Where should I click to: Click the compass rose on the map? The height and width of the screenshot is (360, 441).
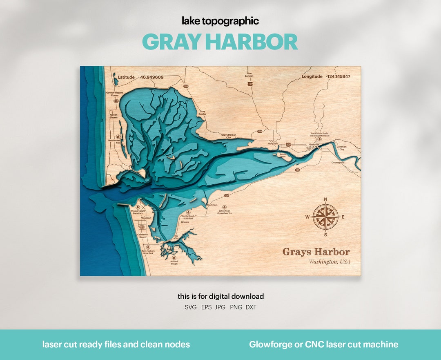tap(325, 217)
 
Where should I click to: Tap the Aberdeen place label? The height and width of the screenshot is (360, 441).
tap(314, 145)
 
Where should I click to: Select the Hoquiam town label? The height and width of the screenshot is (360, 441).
tap(273, 144)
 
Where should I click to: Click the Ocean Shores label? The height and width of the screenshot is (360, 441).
tap(114, 116)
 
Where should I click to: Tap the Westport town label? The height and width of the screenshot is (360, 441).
tap(146, 218)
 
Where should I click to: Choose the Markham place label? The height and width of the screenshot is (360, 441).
tap(212, 205)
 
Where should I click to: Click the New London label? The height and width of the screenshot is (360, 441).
tap(249, 75)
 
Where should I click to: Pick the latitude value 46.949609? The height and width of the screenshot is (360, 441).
tap(151, 77)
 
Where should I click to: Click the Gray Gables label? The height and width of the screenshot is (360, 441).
tap(202, 113)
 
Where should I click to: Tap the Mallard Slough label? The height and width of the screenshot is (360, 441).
tap(174, 262)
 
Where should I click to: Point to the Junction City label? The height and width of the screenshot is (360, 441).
tap(342, 148)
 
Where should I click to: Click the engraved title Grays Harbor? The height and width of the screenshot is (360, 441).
tap(316, 252)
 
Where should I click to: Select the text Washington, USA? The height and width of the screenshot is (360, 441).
tap(329, 262)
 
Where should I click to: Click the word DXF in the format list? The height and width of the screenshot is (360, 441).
tap(251, 307)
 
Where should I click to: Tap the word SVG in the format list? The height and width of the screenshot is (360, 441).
tap(190, 307)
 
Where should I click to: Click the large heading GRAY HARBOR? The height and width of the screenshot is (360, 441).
tap(220, 42)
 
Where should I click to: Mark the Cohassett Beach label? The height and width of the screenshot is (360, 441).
tap(143, 236)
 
